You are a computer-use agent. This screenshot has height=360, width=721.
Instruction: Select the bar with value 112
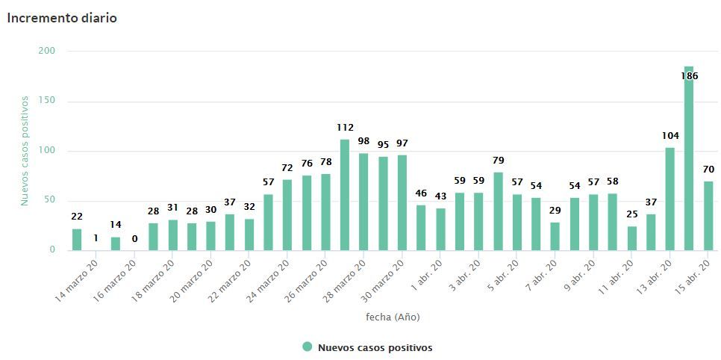[344, 195]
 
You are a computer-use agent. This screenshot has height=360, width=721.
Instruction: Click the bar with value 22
[77, 239]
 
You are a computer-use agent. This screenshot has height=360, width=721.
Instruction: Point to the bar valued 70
[708, 216]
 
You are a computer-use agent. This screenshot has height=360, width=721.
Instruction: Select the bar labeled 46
[421, 228]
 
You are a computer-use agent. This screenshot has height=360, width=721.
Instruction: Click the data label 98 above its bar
[363, 141]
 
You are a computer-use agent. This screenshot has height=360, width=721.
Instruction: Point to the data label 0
[134, 239]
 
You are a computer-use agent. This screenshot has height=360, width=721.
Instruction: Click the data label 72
[287, 168]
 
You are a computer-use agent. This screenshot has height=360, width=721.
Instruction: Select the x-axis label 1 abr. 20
[428, 276]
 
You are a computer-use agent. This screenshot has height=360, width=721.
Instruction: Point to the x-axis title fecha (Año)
[393, 317]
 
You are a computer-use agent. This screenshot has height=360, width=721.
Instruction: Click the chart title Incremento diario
[62, 18]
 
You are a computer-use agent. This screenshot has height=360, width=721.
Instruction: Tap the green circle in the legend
[307, 347]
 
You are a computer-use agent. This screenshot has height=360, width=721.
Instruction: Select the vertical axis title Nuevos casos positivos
[24, 150]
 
